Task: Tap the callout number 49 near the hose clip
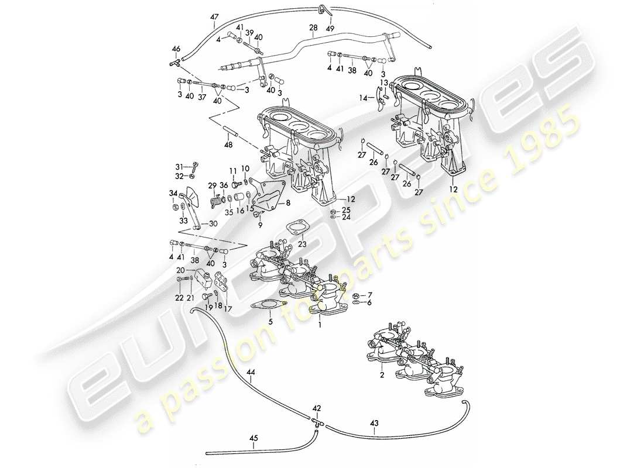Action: coord(330,27)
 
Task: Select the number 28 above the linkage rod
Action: coord(313,27)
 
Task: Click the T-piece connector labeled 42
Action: coord(316,420)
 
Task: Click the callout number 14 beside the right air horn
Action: coord(362,99)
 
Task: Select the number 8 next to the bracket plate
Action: coord(288,203)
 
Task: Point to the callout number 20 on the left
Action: coord(181,270)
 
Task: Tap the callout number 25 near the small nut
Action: coord(346,209)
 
